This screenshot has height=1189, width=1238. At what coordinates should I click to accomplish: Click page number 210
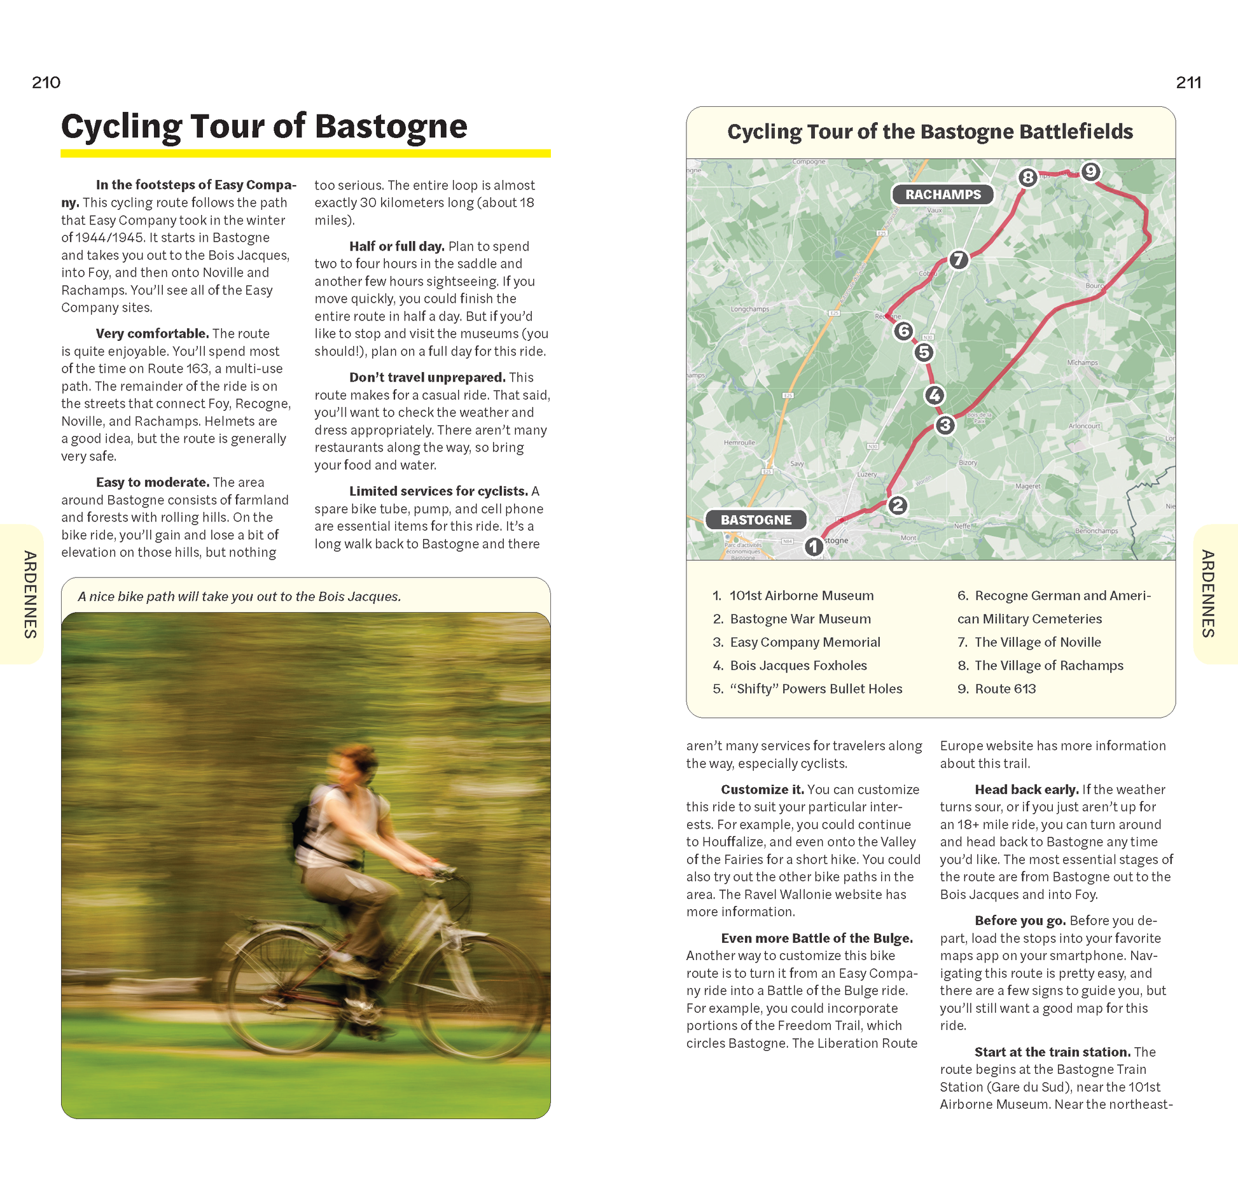click(x=46, y=83)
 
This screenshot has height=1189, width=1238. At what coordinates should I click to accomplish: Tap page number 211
click(x=1188, y=83)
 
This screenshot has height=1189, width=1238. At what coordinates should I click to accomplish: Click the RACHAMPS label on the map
click(x=943, y=195)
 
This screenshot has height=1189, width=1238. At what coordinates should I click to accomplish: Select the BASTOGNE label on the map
click(x=756, y=519)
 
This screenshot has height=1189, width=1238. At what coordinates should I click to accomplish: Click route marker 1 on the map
click(x=813, y=546)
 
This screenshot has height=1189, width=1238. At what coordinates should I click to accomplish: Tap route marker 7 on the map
click(x=958, y=259)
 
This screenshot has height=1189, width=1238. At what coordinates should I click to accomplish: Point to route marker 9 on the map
click(x=1090, y=172)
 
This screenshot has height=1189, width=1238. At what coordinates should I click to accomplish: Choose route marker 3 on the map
click(x=945, y=425)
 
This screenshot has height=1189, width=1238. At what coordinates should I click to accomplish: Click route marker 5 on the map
click(x=924, y=352)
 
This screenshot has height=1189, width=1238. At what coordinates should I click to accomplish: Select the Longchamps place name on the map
click(x=749, y=310)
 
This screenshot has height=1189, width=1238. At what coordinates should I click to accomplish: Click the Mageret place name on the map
click(x=1027, y=486)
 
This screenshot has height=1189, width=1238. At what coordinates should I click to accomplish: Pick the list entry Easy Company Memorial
click(x=805, y=642)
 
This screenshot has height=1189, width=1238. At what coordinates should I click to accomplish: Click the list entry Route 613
click(x=1005, y=689)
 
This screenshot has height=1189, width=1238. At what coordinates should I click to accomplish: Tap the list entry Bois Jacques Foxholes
click(x=798, y=666)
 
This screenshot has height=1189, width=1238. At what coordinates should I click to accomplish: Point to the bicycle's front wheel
click(x=483, y=992)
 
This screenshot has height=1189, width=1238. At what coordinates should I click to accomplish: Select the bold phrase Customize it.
click(x=762, y=790)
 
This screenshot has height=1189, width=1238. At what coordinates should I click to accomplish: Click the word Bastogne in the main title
click(x=391, y=126)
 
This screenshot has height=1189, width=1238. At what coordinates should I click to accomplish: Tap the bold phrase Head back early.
click(x=1026, y=790)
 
